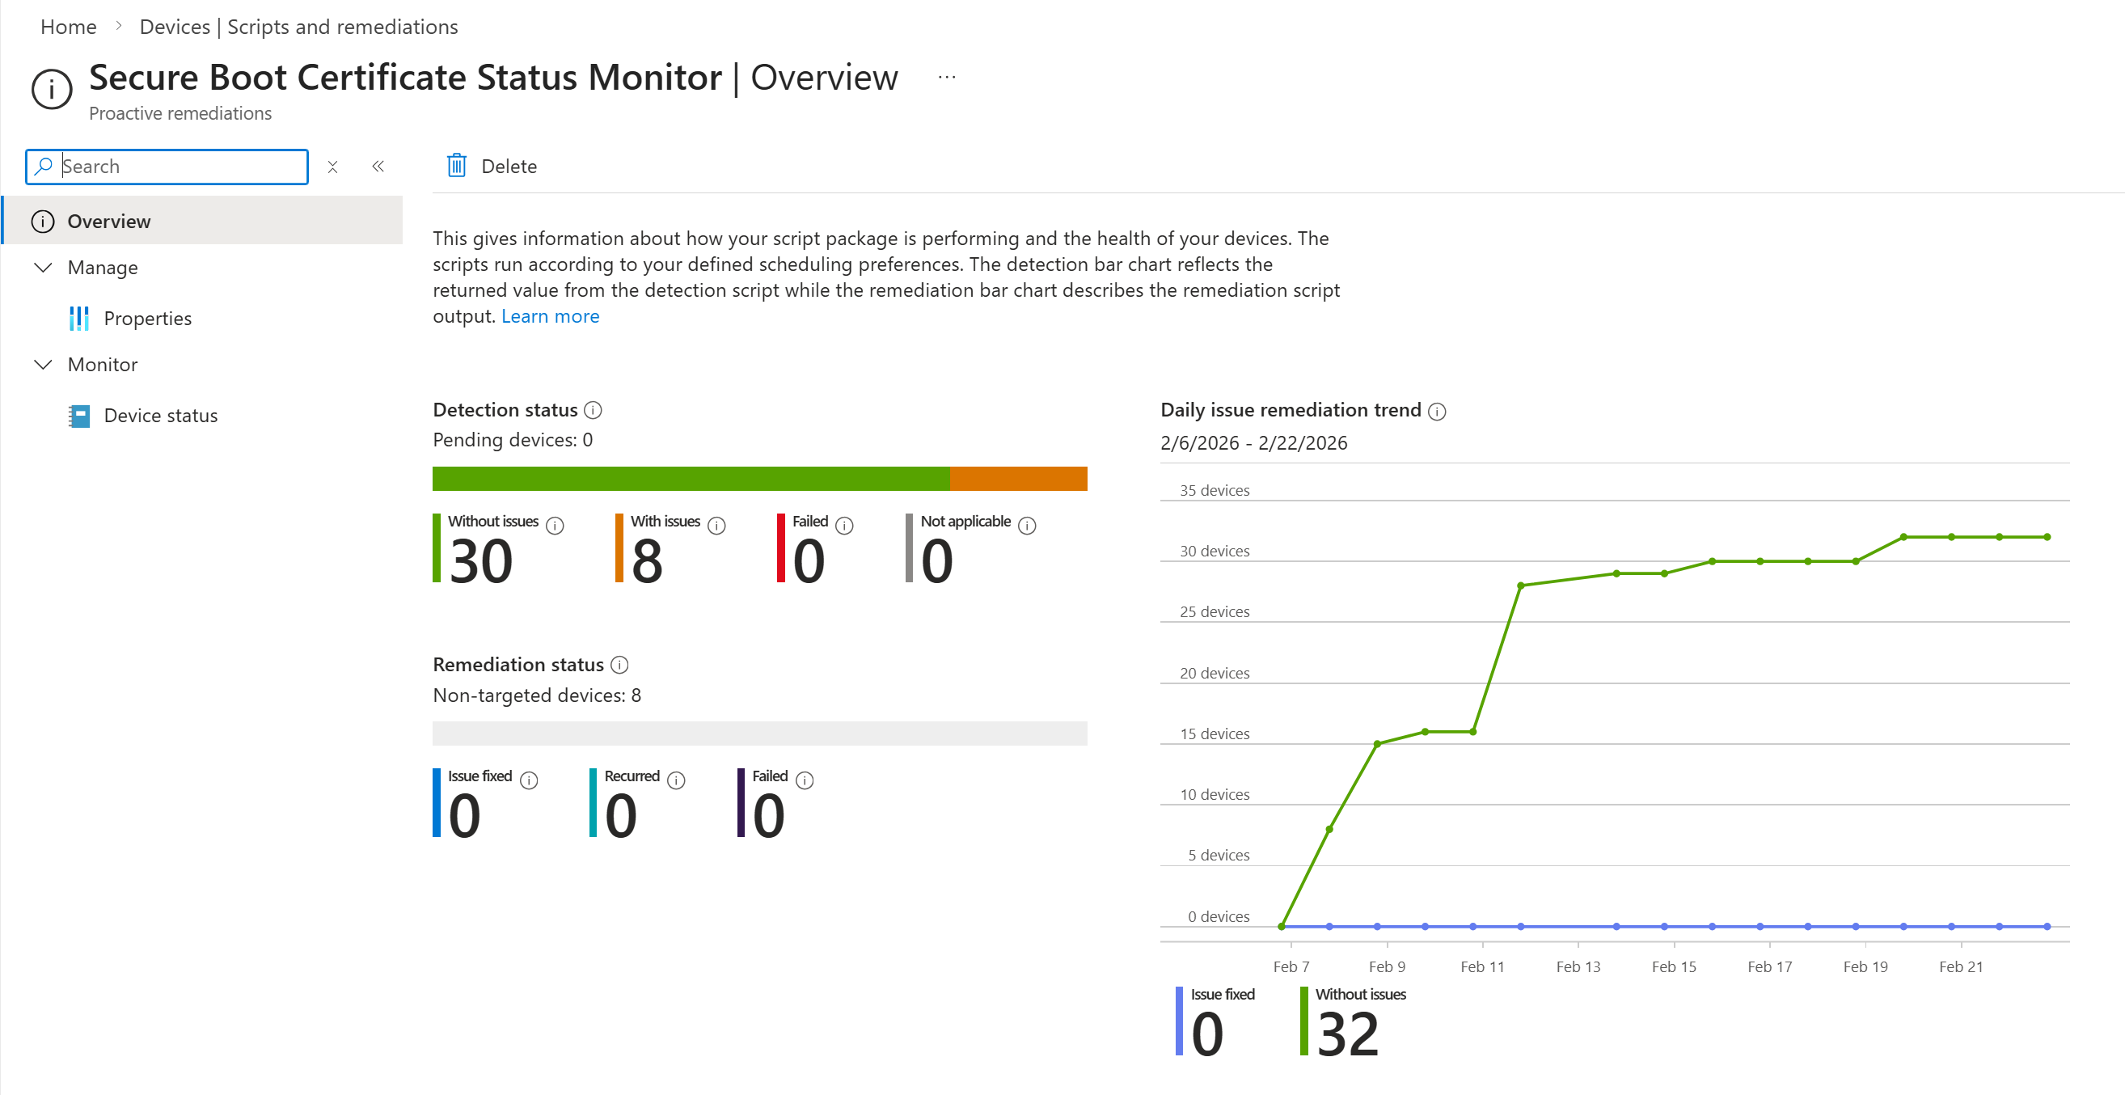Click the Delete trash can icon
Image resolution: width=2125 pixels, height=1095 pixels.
click(456, 166)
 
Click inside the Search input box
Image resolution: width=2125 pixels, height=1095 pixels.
click(181, 167)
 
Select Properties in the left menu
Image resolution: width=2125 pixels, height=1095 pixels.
click(147, 319)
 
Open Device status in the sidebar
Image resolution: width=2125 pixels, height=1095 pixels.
click(160, 416)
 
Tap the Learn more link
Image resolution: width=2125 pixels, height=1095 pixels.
click(549, 317)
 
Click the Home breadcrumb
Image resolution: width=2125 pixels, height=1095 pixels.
click(69, 27)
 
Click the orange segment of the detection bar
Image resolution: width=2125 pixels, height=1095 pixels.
click(1018, 479)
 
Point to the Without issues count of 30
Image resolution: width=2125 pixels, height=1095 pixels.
click(481, 561)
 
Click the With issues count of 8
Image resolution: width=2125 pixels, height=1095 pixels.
click(647, 561)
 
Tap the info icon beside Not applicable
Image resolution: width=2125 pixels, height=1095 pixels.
click(1026, 526)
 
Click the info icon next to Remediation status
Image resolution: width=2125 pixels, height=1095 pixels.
click(619, 665)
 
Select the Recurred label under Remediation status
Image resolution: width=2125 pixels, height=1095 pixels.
click(631, 776)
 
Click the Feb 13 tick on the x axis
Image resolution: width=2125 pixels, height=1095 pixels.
click(1578, 966)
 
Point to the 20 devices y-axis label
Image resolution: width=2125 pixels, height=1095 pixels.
click(1214, 674)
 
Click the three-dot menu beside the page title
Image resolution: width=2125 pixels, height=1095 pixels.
click(946, 78)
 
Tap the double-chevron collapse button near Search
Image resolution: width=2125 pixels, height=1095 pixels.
click(378, 167)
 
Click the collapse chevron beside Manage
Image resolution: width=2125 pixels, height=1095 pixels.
click(43, 268)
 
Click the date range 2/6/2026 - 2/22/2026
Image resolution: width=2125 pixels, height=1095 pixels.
click(1253, 443)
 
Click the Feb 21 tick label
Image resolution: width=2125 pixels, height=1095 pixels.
click(1960, 966)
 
